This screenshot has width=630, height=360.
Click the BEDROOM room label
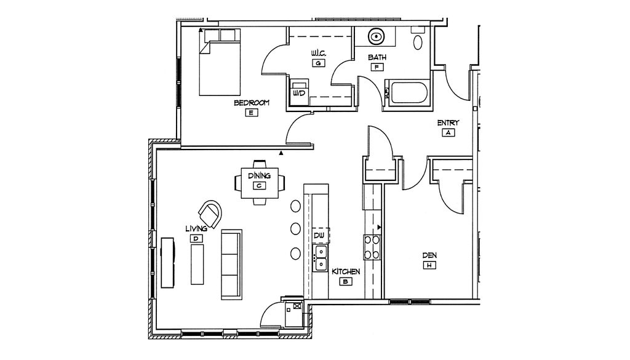click(251, 103)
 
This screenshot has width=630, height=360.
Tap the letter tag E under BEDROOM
click(251, 113)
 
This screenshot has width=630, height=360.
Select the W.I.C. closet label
click(318, 54)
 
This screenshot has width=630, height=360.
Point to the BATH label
click(377, 57)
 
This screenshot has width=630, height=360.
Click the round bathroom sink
click(376, 37)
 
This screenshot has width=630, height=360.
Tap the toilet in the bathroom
click(418, 41)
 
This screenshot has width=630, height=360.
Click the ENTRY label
click(448, 122)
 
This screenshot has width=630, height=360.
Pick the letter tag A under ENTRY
click(448, 132)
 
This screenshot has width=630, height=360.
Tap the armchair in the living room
click(212, 212)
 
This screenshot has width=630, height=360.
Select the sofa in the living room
click(231, 264)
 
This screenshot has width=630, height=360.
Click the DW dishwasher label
click(319, 235)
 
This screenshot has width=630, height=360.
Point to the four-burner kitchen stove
click(371, 247)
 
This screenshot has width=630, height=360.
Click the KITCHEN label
click(346, 271)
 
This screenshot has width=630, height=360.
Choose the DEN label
click(429, 255)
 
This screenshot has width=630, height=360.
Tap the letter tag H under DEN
click(429, 265)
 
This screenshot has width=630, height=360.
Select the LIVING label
click(196, 228)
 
